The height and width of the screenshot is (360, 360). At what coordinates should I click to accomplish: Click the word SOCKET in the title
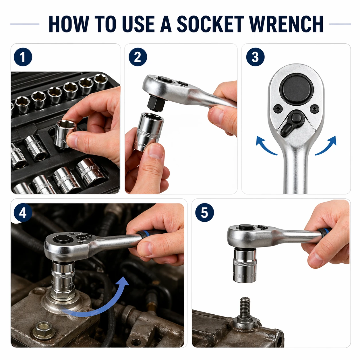[x=210, y=24]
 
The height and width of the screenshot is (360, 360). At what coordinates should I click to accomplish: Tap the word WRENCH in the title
[x=286, y=24]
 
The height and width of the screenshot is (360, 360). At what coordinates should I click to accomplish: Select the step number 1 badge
[x=23, y=57]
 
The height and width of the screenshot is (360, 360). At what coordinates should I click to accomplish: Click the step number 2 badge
[x=138, y=57]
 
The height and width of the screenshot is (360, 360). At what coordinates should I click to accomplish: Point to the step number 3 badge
[x=255, y=57]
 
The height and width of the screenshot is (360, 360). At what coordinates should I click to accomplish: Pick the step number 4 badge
[x=23, y=213]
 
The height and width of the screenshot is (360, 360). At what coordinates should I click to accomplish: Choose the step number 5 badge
[x=204, y=213]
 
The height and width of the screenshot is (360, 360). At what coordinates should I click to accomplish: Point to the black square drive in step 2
[x=155, y=104]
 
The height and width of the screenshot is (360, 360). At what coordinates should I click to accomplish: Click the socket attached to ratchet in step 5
[x=244, y=266]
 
